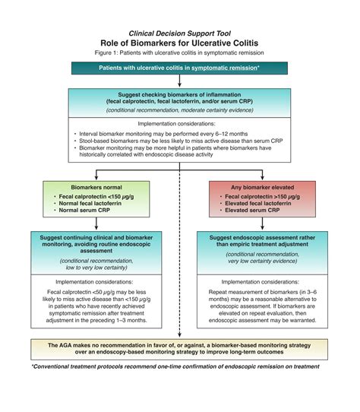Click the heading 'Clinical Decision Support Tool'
tap(180, 34)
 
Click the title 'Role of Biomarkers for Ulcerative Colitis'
tap(180, 44)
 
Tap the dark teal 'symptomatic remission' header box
tap(180, 68)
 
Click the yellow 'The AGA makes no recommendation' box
tap(180, 349)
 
